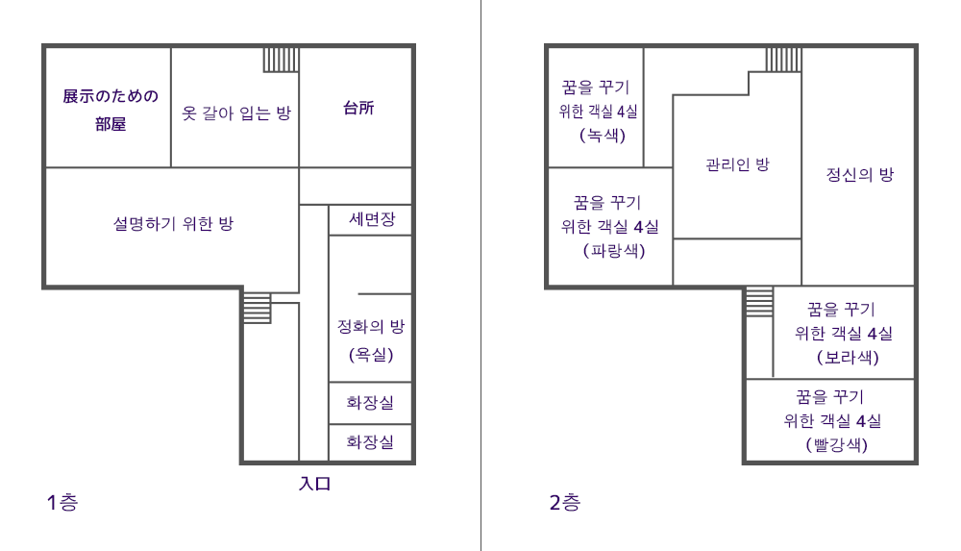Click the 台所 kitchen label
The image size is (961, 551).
[358, 108]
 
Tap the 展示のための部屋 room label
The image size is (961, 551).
[111, 110]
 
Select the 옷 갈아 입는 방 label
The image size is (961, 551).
[236, 113]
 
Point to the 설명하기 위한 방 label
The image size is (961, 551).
[173, 223]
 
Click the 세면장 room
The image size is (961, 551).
[371, 219]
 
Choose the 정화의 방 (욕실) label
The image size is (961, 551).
[371, 339]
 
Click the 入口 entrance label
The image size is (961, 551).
[315, 484]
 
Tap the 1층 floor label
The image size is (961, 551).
[62, 503]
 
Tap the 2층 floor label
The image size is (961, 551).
[564, 503]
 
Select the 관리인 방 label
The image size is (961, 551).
[737, 164]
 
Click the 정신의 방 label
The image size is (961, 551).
[860, 174]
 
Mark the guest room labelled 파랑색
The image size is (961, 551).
[610, 226]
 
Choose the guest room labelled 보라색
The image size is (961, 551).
[844, 333]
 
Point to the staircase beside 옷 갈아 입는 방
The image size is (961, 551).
[282, 61]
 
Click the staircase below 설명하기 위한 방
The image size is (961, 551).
[258, 307]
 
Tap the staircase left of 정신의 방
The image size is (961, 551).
[784, 61]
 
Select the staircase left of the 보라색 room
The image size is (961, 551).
[759, 302]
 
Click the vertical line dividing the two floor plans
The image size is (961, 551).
[481, 275]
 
